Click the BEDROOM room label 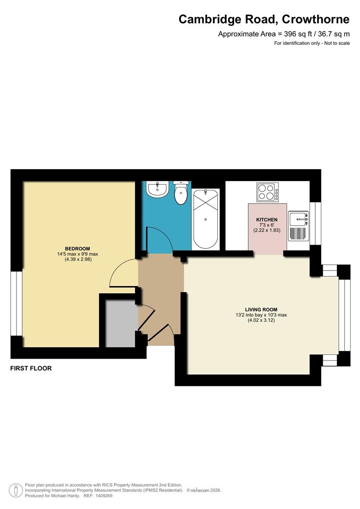tap(77, 248)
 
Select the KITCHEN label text tap(267, 220)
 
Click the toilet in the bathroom tap(180, 193)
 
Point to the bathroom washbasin tap(156, 189)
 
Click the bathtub tap(205, 219)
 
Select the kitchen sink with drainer tap(298, 225)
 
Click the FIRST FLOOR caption tap(31, 368)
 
